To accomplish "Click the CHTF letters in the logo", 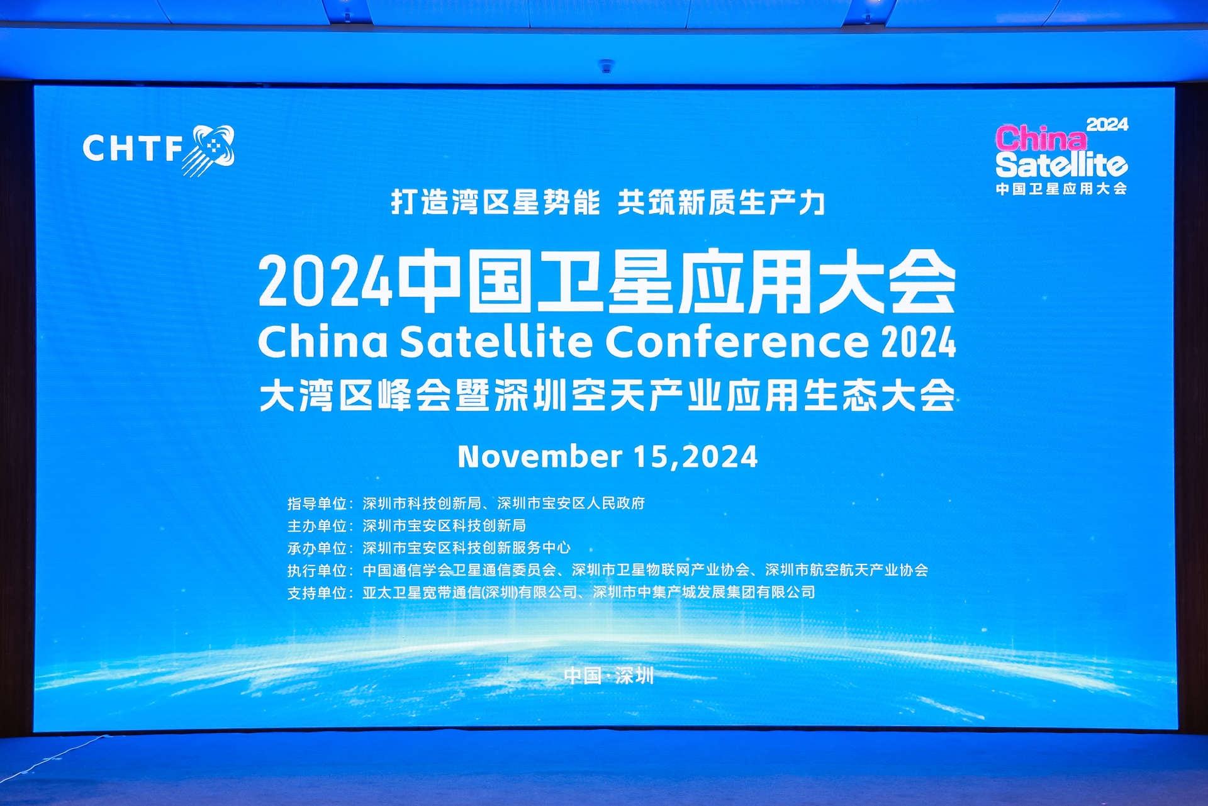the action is (132, 148).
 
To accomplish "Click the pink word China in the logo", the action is (1041, 138).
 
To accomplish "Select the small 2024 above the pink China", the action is (1107, 124).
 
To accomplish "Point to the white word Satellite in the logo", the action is (1061, 165).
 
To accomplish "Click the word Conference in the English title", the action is (737, 341).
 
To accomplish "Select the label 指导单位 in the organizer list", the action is (317, 503).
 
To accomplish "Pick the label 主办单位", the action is (317, 525).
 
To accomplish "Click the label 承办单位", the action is (317, 548).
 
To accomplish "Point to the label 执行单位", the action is (317, 570).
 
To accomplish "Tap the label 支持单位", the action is (317, 593).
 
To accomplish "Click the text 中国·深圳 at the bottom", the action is (609, 676).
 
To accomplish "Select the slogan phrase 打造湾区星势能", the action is (495, 202).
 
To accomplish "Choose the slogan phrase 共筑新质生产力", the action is (721, 202).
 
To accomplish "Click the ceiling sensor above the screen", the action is (606, 65).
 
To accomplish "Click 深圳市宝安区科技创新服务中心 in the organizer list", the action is (466, 547).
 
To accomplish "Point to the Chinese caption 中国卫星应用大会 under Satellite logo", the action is (1061, 189).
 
